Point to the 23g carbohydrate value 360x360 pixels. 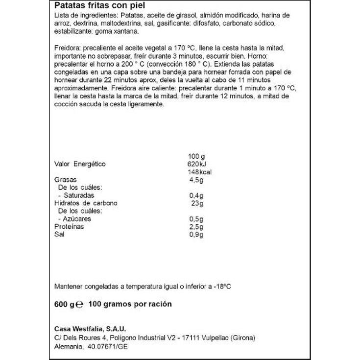pos(197,203)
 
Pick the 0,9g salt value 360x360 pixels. pos(195,235)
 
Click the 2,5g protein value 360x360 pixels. pos(195,227)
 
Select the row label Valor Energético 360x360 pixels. pos(79,164)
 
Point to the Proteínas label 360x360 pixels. pos(69,227)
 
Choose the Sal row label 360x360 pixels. pos(59,235)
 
